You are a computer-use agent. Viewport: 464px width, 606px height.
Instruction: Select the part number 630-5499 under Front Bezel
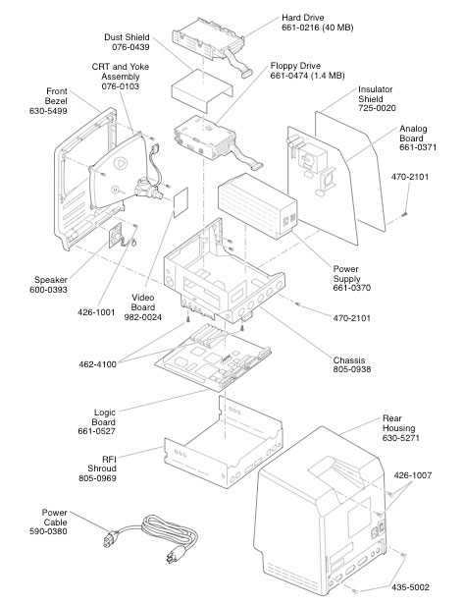point(46,113)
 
